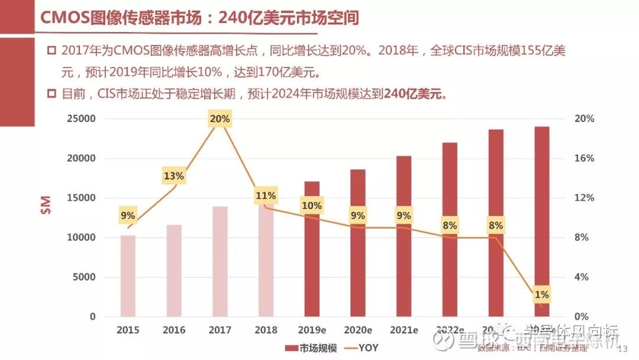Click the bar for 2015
pos(128,276)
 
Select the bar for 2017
pos(220,261)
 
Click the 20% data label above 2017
pos(220,119)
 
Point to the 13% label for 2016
pos(174,176)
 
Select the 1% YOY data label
pos(541,294)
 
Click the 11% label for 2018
pos(266,195)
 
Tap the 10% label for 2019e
pos(312,205)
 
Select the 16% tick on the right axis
pos(584,159)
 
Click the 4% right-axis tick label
pos(582,277)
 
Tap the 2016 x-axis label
pos(174,330)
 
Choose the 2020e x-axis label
pos(357,330)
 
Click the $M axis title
pos(46,204)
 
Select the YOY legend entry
pos(361,348)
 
